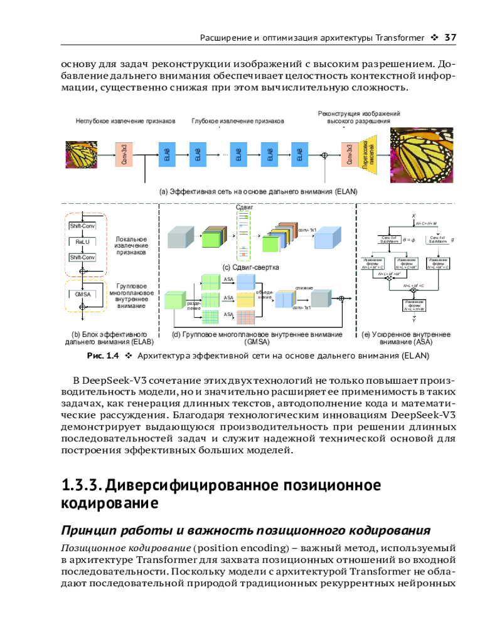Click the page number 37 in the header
coord(449,37)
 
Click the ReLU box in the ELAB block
coord(82,240)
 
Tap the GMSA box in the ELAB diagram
coord(82,293)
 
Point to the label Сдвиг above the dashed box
coord(243,206)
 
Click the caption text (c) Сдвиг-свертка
coord(250,268)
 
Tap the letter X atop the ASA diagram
coord(414,215)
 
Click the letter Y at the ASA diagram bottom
coord(414,320)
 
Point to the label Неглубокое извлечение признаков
coord(125,120)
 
